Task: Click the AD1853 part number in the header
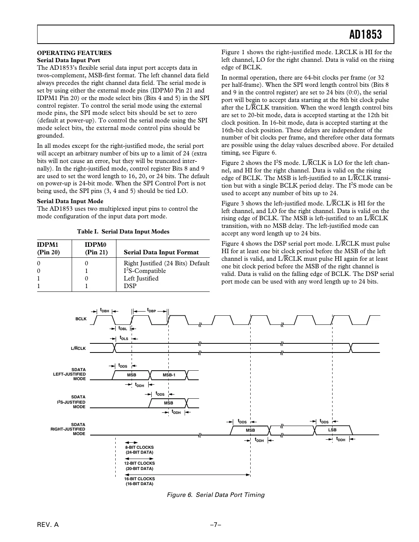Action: pos(366,35)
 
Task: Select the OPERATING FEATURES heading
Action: pos(74,53)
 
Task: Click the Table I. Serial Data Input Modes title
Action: pos(123,232)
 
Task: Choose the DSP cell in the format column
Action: pos(130,286)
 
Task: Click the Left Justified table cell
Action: pos(141,279)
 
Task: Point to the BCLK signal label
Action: pos(81,319)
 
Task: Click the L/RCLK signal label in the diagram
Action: pos(78,348)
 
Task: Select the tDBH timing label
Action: pos(104,310)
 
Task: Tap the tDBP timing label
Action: pos(151,310)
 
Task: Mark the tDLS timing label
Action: pos(124,338)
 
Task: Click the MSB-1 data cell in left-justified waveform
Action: pos(169,375)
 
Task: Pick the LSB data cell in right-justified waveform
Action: pos(332,430)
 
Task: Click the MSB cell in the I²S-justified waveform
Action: pos(168,403)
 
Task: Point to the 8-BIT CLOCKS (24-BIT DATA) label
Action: pos(140,450)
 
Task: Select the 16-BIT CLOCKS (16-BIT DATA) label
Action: pos(140,481)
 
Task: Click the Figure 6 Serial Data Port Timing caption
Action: pos(216,495)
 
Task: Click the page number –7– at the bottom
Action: pos(216,525)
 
